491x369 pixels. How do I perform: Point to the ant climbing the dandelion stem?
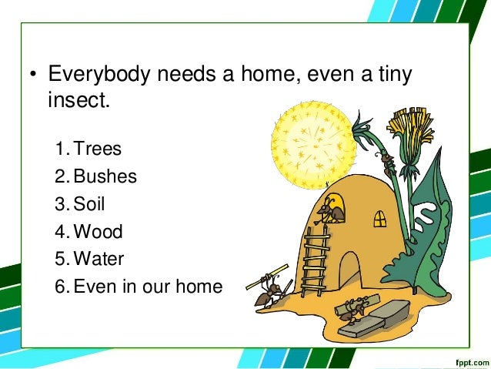click(x=386, y=162)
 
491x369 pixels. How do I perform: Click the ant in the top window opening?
click(x=332, y=209)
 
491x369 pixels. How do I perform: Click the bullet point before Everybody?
click(x=33, y=76)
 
